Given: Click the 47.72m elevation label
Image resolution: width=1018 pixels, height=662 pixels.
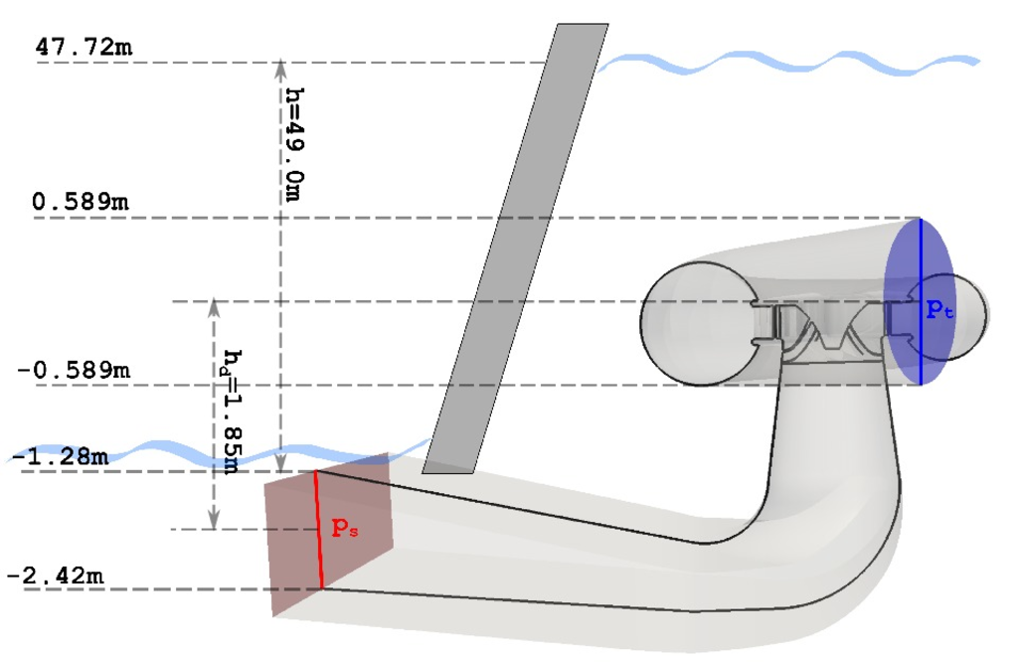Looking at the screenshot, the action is pyautogui.click(x=84, y=48).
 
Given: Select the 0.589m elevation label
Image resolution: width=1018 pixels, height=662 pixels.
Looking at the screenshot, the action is pyautogui.click(x=81, y=202).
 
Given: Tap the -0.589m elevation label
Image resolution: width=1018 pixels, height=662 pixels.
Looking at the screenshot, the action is pyautogui.click(x=74, y=370).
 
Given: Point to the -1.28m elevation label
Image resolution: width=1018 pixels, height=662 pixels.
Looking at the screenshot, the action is pyautogui.click(x=60, y=457).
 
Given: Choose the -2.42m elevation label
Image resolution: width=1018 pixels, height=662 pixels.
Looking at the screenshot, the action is pyautogui.click(x=56, y=576).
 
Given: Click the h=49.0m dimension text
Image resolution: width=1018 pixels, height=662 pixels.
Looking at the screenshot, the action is pyautogui.click(x=294, y=144).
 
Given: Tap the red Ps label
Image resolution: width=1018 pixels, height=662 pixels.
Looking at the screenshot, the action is pyautogui.click(x=344, y=528).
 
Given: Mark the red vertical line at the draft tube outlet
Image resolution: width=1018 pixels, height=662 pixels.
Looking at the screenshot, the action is pyautogui.click(x=319, y=530).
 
